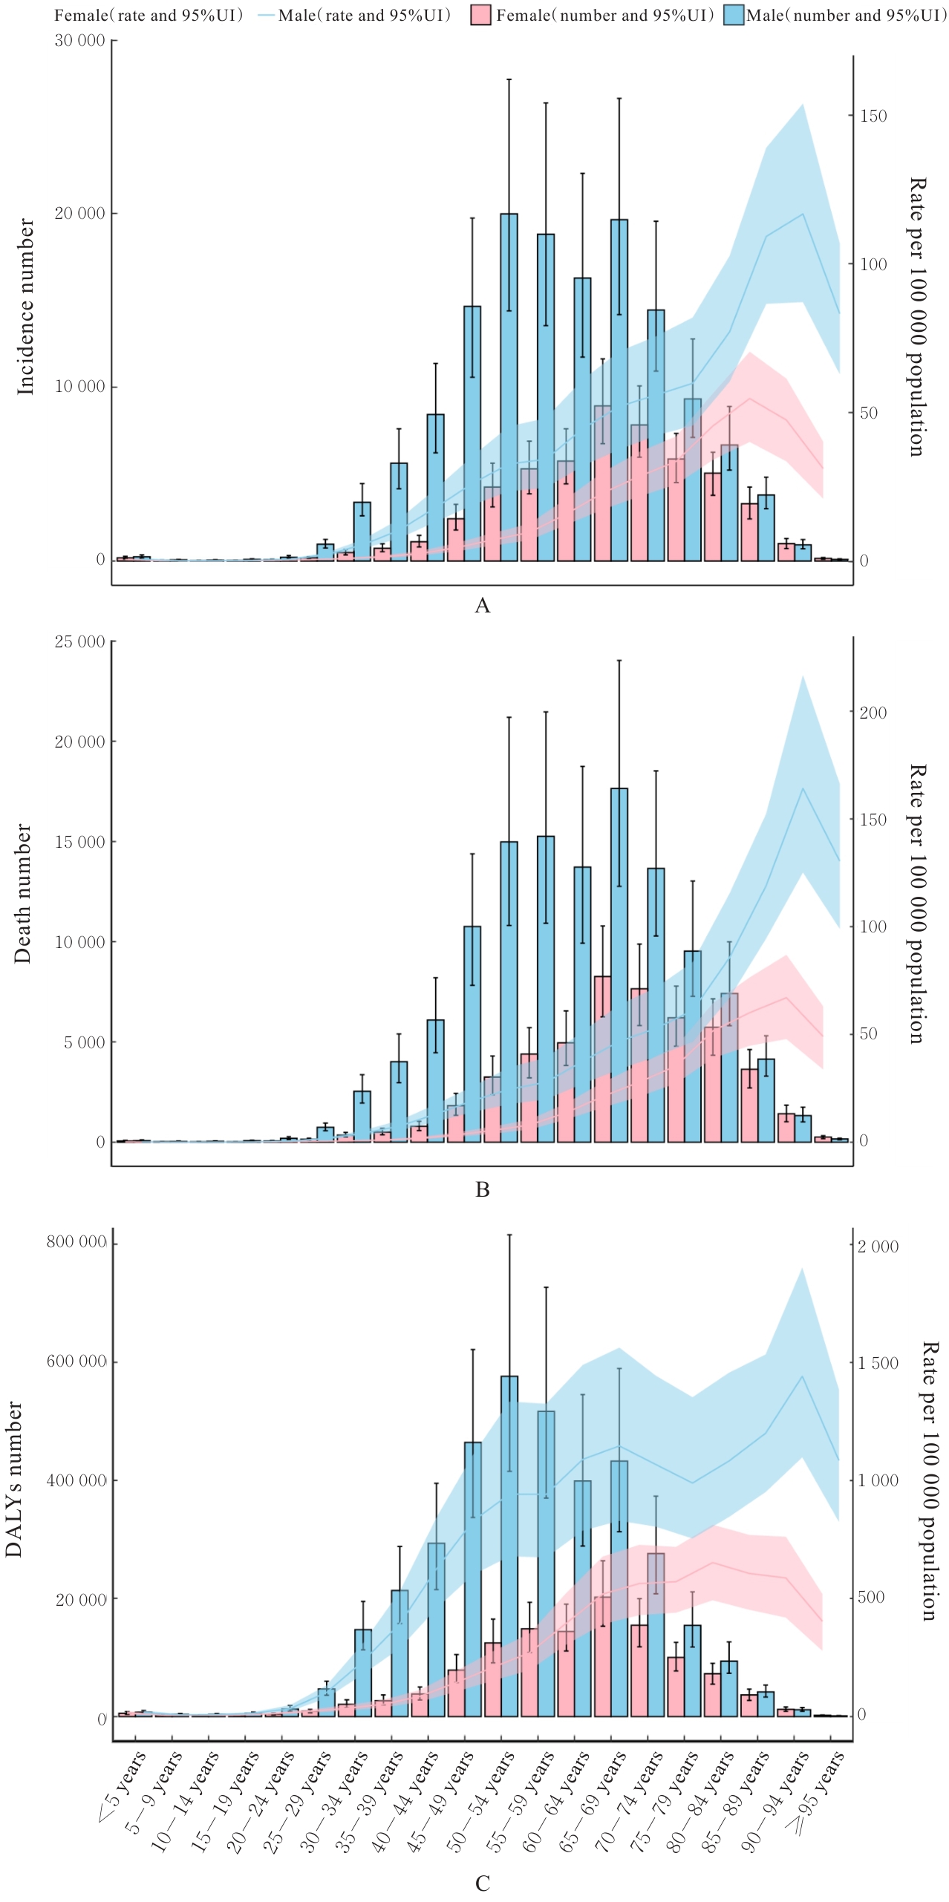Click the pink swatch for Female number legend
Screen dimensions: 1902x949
(480, 16)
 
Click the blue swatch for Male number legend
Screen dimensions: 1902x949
(734, 16)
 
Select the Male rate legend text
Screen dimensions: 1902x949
(364, 16)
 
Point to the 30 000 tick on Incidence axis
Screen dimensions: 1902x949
(80, 41)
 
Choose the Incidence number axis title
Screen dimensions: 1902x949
(26, 306)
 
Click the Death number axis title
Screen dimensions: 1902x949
(23, 893)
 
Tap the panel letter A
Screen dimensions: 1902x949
(482, 607)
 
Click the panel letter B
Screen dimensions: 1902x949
(482, 1190)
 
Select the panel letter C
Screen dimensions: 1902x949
(482, 1883)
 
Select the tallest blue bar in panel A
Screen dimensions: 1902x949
(509, 386)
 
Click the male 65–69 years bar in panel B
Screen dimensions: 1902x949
(619, 965)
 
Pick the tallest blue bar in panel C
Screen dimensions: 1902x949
(509, 1544)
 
